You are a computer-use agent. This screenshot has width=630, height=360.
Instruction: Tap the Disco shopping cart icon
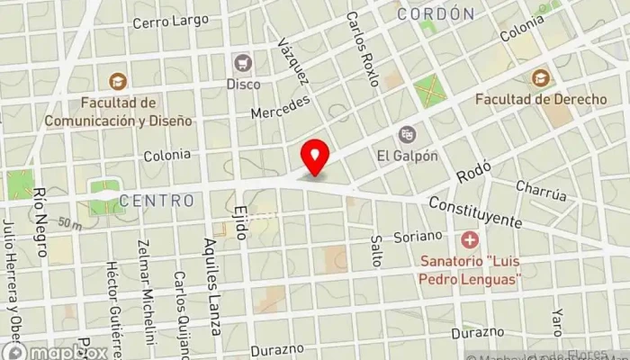[242, 63]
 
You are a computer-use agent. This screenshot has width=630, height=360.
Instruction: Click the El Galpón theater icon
[408, 135]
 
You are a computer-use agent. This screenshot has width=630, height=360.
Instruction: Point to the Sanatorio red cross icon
[469, 241]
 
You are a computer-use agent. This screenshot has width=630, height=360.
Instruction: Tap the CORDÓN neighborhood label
[436, 13]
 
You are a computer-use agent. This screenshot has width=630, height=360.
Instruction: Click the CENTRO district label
[157, 201]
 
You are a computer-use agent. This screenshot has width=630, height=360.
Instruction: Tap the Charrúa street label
[541, 192]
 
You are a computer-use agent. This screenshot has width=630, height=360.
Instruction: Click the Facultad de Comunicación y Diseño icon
[114, 80]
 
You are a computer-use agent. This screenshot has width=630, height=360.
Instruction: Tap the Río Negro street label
[40, 209]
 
